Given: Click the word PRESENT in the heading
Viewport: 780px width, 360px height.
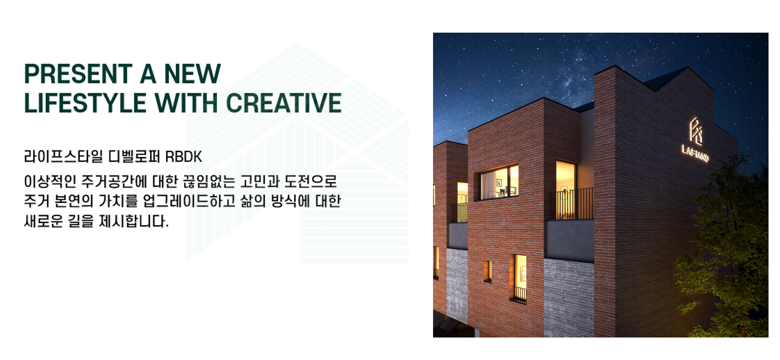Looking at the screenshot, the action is click(x=78, y=74).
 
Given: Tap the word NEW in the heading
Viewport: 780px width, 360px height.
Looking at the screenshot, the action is click(x=192, y=74).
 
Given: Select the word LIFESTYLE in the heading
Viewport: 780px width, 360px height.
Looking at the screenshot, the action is click(x=85, y=103).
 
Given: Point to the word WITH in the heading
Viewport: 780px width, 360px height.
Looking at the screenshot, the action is click(x=186, y=103).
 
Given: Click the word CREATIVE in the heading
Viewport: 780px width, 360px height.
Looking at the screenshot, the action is click(x=284, y=103).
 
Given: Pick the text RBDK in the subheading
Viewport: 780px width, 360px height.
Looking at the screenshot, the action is click(x=184, y=157).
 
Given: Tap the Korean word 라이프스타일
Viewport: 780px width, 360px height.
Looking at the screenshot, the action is click(x=64, y=157).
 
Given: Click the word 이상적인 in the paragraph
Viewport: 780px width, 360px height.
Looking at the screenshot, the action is click(x=50, y=181).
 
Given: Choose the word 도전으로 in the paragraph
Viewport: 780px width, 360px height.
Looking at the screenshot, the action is click(x=311, y=181).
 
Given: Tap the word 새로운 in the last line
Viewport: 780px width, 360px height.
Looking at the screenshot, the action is click(x=43, y=221).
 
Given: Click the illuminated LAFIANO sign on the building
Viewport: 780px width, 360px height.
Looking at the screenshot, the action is click(x=695, y=153).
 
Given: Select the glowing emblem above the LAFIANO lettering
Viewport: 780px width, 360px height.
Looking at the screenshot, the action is click(x=696, y=131).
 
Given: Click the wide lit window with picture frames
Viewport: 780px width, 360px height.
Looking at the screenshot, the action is click(x=499, y=182).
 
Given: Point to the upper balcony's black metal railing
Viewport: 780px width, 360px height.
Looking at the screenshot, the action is click(x=572, y=204).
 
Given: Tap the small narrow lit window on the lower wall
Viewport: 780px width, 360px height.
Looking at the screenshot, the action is click(x=487, y=270).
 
